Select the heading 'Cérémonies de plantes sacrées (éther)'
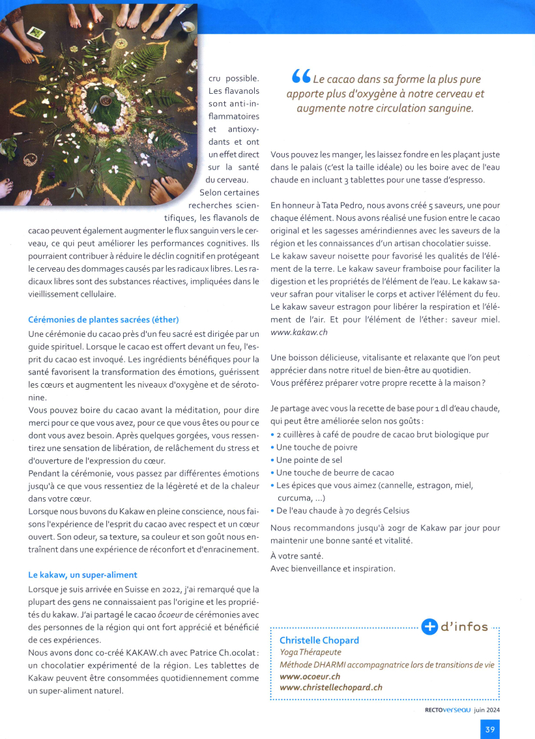(103, 320)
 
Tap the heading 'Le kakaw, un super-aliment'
(83, 575)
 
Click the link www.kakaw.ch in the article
(298, 332)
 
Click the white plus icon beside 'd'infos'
(429, 627)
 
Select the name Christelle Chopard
(319, 640)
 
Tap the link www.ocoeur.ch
(310, 676)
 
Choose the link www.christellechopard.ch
(330, 687)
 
